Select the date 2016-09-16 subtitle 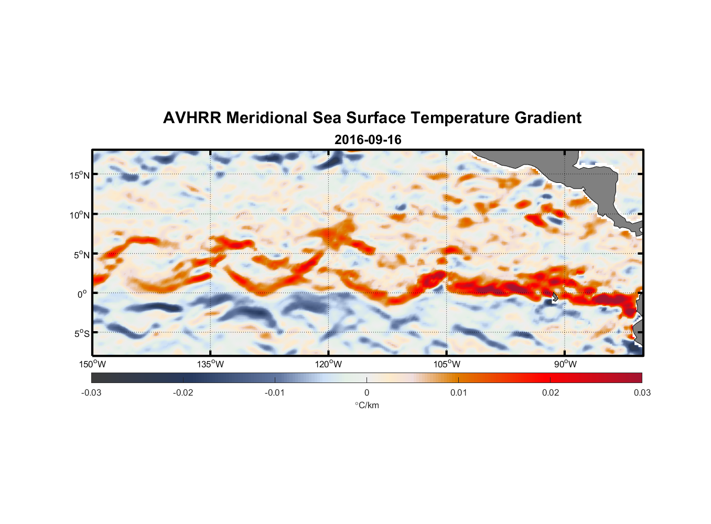click(368, 140)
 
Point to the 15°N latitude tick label click(80, 175)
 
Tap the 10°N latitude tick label click(80, 215)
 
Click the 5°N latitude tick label click(81, 255)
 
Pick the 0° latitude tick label click(82, 294)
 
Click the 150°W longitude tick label click(92, 364)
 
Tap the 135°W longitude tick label click(210, 364)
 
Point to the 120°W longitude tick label click(328, 364)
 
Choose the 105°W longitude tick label click(447, 364)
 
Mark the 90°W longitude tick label click(565, 364)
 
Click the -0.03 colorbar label click(91, 392)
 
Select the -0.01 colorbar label click(275, 392)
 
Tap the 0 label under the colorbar click(367, 392)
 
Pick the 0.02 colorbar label click(551, 392)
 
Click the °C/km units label click(367, 405)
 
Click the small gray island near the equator click(555, 297)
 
